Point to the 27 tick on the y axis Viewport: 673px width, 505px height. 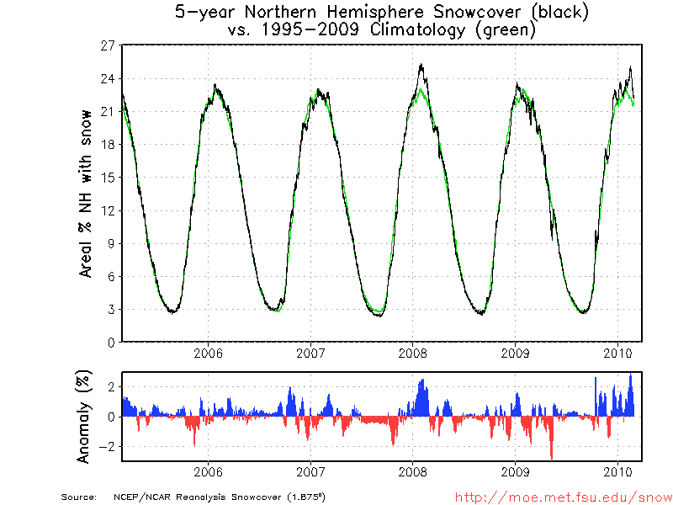tap(108, 45)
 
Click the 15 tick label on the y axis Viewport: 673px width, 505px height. tap(108, 178)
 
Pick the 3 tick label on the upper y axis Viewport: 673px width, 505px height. tap(110, 309)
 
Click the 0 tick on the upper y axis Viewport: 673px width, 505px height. tap(110, 342)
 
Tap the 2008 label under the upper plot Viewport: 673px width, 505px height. tap(412, 353)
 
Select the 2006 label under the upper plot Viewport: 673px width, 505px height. tap(208, 353)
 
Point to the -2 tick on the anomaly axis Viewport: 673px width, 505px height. tap(107, 446)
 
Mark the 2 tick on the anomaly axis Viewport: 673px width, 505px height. tap(110, 386)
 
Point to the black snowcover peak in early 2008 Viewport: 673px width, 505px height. tap(421, 64)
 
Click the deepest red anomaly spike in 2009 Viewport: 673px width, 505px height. tap(551, 458)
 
